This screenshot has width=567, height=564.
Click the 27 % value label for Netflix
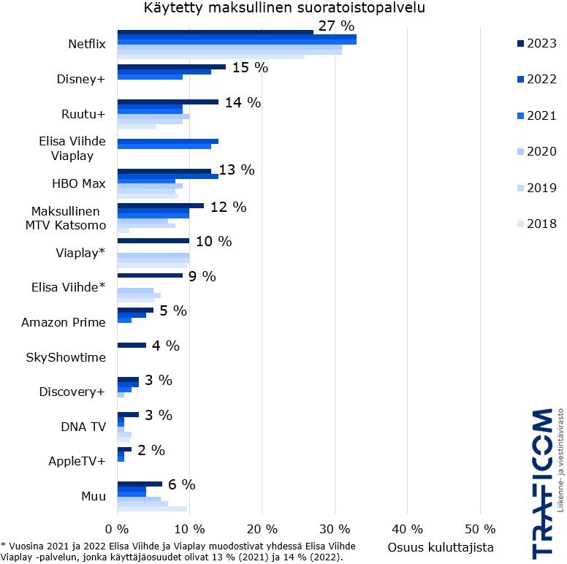click(x=336, y=26)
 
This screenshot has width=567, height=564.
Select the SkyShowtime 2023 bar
click(x=132, y=345)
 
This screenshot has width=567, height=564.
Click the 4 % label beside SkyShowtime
click(x=165, y=346)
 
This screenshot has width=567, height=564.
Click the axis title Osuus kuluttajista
click(x=440, y=547)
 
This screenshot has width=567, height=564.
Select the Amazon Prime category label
click(x=64, y=322)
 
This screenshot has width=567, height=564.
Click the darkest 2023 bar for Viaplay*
click(x=153, y=240)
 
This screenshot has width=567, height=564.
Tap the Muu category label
click(x=93, y=496)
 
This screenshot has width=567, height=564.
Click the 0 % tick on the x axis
click(x=118, y=529)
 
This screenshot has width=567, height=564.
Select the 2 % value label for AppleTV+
click(x=151, y=450)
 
